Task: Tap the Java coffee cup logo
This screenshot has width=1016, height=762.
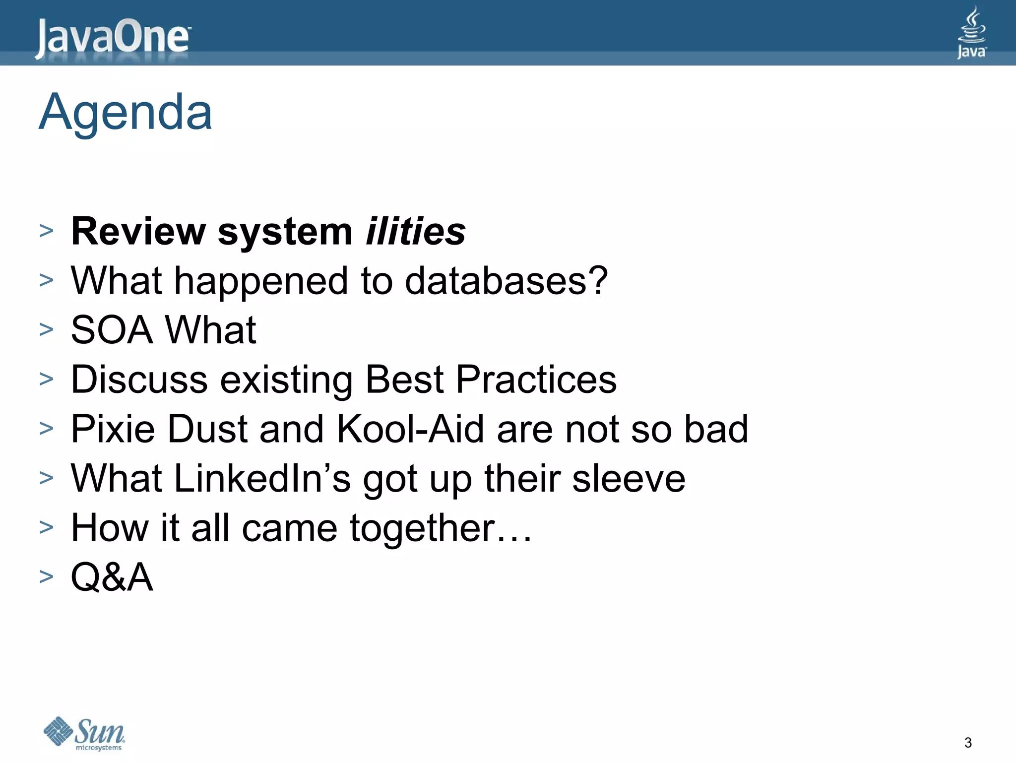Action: [x=971, y=33]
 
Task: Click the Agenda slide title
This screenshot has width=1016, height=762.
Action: [x=126, y=113]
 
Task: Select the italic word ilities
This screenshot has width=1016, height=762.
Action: [x=416, y=232]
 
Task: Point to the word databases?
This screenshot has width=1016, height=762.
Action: [x=506, y=281]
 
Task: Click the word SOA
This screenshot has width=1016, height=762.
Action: [x=112, y=330]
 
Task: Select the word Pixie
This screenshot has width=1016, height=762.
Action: [x=113, y=429]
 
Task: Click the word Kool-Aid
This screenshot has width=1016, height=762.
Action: [x=410, y=429]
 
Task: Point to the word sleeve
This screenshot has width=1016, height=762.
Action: [x=629, y=478]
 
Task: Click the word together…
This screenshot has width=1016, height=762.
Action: [x=441, y=528]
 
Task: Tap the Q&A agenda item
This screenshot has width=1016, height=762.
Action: [x=112, y=577]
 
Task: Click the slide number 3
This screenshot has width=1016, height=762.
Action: [x=968, y=743]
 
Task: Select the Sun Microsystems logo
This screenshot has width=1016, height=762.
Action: [x=85, y=733]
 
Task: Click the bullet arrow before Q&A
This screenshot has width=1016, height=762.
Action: [x=46, y=576]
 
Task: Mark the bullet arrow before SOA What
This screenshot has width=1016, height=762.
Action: [x=46, y=329]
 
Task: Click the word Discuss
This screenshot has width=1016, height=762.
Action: [x=139, y=380]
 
